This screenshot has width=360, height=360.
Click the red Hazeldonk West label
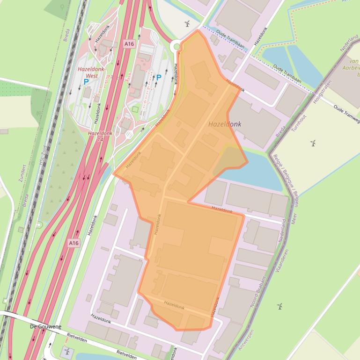tap(91, 72)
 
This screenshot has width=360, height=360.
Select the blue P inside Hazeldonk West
tap(86, 82)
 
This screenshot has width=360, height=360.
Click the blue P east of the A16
tap(159, 78)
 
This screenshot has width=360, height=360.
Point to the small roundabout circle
tap(177, 46)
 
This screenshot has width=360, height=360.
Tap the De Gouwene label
tap(45, 326)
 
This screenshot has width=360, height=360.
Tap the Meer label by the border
tap(294, 218)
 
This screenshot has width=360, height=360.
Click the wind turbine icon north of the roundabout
tap(187, 24)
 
